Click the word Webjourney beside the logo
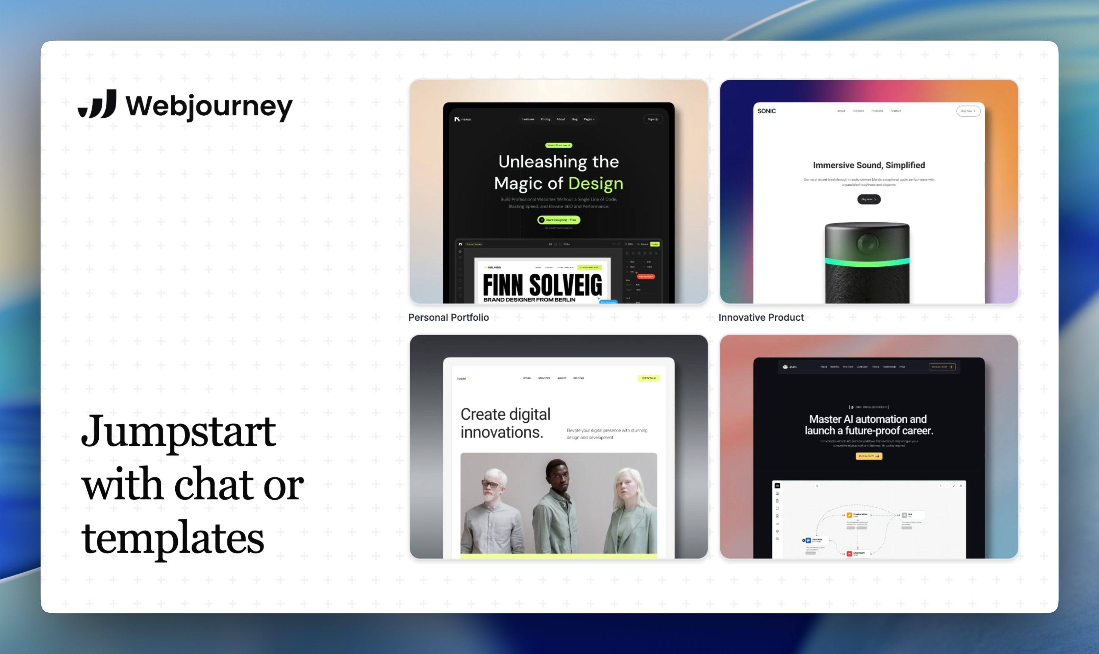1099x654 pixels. point(209,106)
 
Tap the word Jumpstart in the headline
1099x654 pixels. point(178,431)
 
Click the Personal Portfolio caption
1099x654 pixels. point(448,317)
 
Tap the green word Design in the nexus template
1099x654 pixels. point(596,183)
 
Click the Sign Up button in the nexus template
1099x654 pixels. point(653,119)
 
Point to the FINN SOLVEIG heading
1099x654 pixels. point(542,285)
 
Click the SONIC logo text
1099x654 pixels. point(766,111)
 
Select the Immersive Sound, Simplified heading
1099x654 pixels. point(869,165)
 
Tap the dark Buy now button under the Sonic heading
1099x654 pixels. point(869,199)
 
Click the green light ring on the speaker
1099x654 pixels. point(867,262)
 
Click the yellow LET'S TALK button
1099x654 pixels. point(648,378)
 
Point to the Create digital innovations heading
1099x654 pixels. point(505,423)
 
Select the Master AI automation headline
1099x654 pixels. point(869,425)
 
